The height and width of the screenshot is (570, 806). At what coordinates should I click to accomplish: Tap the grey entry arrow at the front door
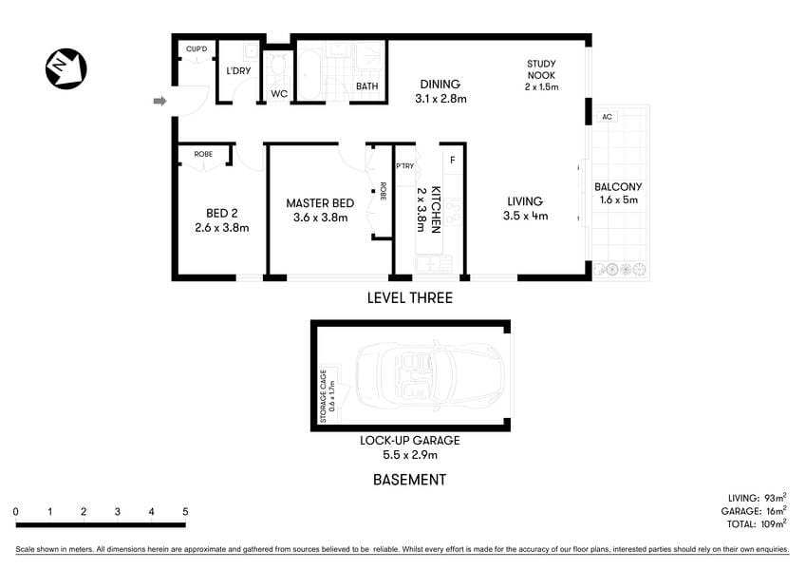(x=160, y=101)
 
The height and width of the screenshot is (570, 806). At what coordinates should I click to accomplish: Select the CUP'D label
(x=197, y=48)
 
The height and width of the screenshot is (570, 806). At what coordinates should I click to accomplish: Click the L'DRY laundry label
(x=237, y=70)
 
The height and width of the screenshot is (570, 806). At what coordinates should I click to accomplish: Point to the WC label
(x=279, y=93)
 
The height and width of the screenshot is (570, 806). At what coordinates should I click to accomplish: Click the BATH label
(x=366, y=87)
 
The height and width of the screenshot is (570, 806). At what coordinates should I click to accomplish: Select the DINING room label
(x=440, y=84)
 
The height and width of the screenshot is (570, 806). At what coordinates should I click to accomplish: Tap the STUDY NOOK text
(x=541, y=70)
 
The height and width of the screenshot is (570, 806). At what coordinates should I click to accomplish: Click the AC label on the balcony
(x=607, y=118)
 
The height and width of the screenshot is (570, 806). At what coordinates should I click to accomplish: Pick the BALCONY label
(x=618, y=187)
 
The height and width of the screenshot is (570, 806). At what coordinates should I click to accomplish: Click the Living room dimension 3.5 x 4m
(x=525, y=216)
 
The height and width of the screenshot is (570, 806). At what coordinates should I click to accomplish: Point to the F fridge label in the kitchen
(x=453, y=159)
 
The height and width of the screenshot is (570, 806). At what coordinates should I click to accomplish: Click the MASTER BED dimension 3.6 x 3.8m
(x=320, y=218)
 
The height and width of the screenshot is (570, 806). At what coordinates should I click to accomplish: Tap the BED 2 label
(x=221, y=213)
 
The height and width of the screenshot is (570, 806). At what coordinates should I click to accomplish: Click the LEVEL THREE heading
(x=409, y=298)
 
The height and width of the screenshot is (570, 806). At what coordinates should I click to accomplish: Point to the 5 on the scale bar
(x=185, y=512)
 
